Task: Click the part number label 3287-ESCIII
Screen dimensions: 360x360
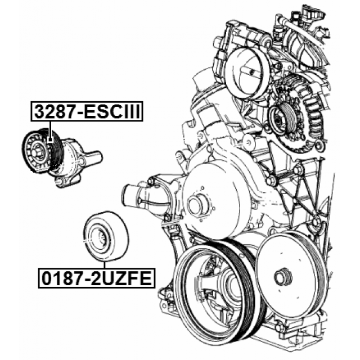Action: click(x=87, y=111)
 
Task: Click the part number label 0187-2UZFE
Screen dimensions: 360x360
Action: click(x=97, y=278)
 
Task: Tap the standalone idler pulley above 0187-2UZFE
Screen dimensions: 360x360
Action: click(x=106, y=236)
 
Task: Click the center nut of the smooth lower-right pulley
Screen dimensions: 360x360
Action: click(x=283, y=276)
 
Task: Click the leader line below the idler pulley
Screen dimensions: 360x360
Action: click(x=105, y=265)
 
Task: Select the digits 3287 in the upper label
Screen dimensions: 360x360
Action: click(x=56, y=111)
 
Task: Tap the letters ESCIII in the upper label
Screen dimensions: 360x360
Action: click(x=112, y=111)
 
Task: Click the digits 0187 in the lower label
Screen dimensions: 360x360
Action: click(x=63, y=278)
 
